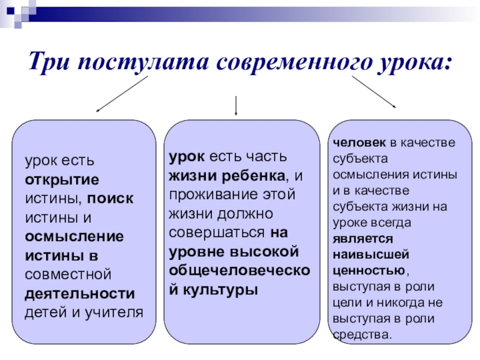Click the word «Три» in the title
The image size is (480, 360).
pos(49,62)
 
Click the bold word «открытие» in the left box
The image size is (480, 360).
pos(62,180)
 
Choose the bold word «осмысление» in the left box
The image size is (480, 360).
pos(74,236)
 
